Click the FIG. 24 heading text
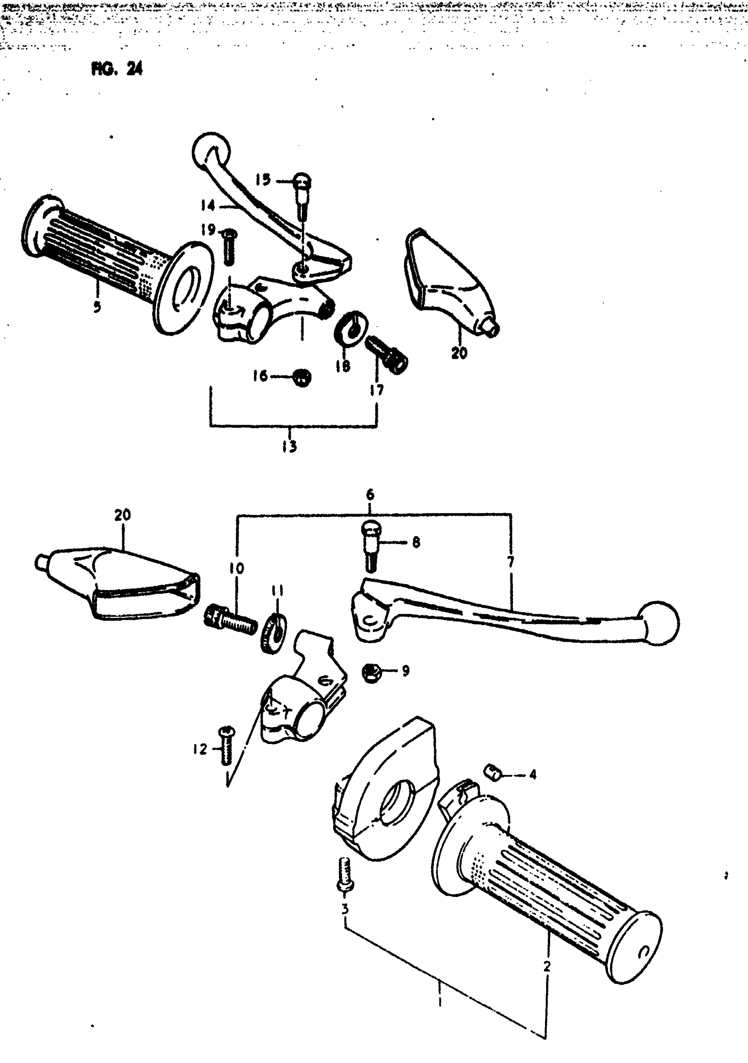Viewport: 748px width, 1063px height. tap(117, 69)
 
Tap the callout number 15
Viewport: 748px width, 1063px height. tap(263, 180)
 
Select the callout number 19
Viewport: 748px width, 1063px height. tap(208, 229)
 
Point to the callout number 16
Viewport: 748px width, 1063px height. tap(260, 376)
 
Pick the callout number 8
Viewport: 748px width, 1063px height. tap(416, 542)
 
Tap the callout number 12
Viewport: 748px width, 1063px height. tap(200, 749)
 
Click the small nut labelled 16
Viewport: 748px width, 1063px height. tap(302, 378)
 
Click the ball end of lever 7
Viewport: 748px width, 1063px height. tap(659, 623)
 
